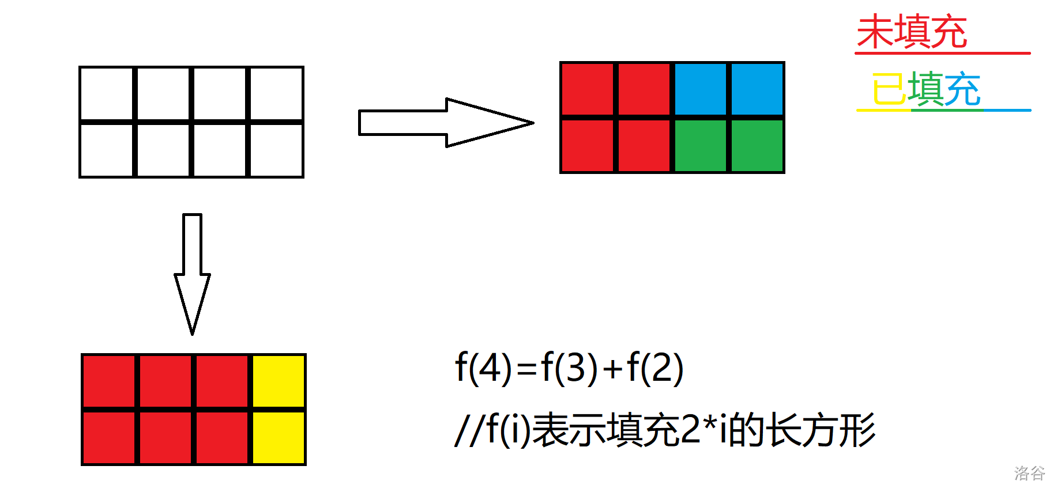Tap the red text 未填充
click(912, 32)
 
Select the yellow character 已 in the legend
click(889, 89)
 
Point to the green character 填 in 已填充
click(926, 89)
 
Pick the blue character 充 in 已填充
click(963, 89)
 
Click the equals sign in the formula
click(526, 369)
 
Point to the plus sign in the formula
click(613, 369)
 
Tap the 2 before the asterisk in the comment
click(690, 430)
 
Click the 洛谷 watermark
click(1030, 474)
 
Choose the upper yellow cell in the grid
click(279, 381)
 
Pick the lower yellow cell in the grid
click(279, 438)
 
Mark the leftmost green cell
click(701, 146)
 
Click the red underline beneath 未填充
click(943, 53)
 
